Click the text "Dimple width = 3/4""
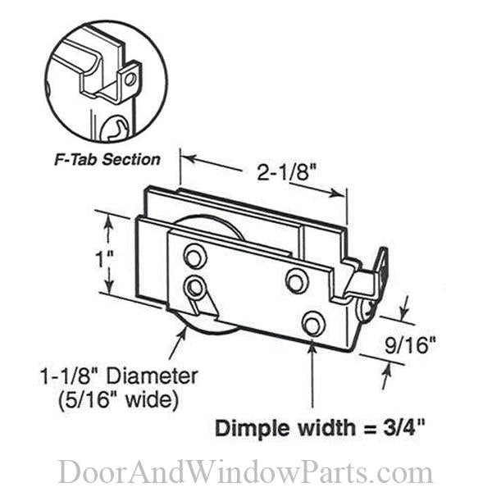pos(321,429)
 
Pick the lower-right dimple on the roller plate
pos(312,322)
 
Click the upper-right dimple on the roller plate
pos(296,280)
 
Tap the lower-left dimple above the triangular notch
pos(194,287)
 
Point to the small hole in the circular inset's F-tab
pos(130,80)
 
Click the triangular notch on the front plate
pos(203,306)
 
